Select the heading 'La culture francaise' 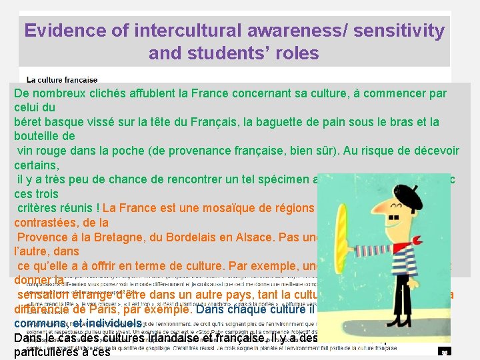tap(62, 80)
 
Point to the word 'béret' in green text tap(29, 122)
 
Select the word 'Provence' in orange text tap(42, 237)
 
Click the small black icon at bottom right tap(445, 351)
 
